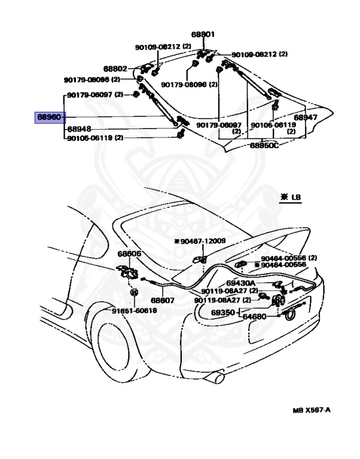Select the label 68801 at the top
pos(203,35)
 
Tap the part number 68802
pos(115,69)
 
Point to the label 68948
pos(80,128)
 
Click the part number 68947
pos(305,117)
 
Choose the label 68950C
pos(264,145)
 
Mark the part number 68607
pos(162,301)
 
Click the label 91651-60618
pos(135,311)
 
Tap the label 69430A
pos(241,283)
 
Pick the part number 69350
pos(224,312)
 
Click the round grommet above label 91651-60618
pos(134,293)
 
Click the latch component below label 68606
pos(126,272)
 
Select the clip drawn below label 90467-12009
pos(201,258)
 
